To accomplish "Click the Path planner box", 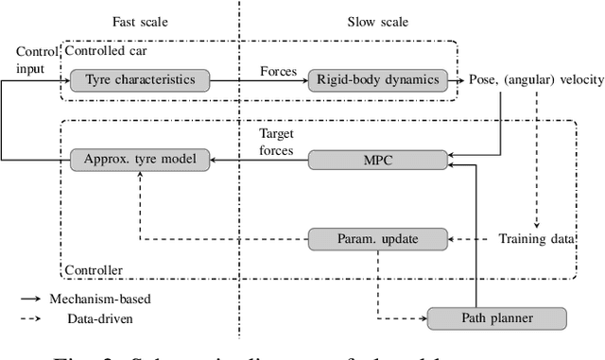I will point(497,319).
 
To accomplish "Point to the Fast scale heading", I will point(138,21).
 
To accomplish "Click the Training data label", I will point(535,240).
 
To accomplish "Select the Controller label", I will point(94,270).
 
